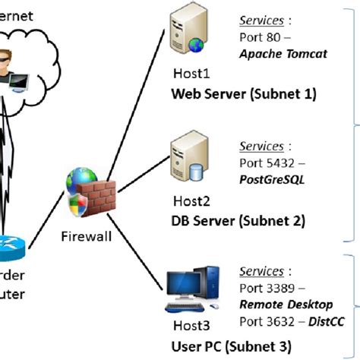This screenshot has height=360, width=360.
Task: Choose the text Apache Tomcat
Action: (x=282, y=54)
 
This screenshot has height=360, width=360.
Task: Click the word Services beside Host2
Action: (x=261, y=145)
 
